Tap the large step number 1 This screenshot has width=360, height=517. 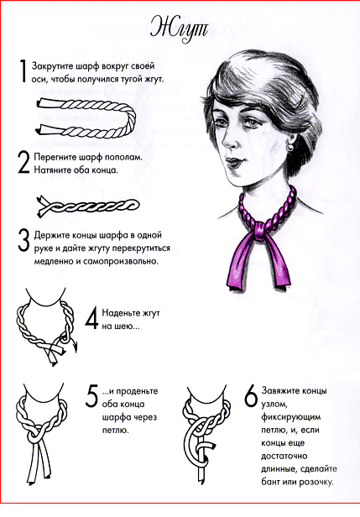(x=23, y=70)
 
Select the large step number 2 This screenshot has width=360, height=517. (x=23, y=163)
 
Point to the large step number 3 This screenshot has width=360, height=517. (x=23, y=241)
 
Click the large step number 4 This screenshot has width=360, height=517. (x=92, y=318)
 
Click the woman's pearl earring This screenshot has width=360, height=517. (x=290, y=147)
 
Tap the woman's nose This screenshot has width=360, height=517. (x=230, y=140)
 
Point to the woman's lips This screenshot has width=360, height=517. (x=234, y=162)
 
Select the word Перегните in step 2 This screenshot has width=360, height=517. (x=55, y=157)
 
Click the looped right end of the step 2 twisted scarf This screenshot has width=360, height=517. (x=133, y=205)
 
